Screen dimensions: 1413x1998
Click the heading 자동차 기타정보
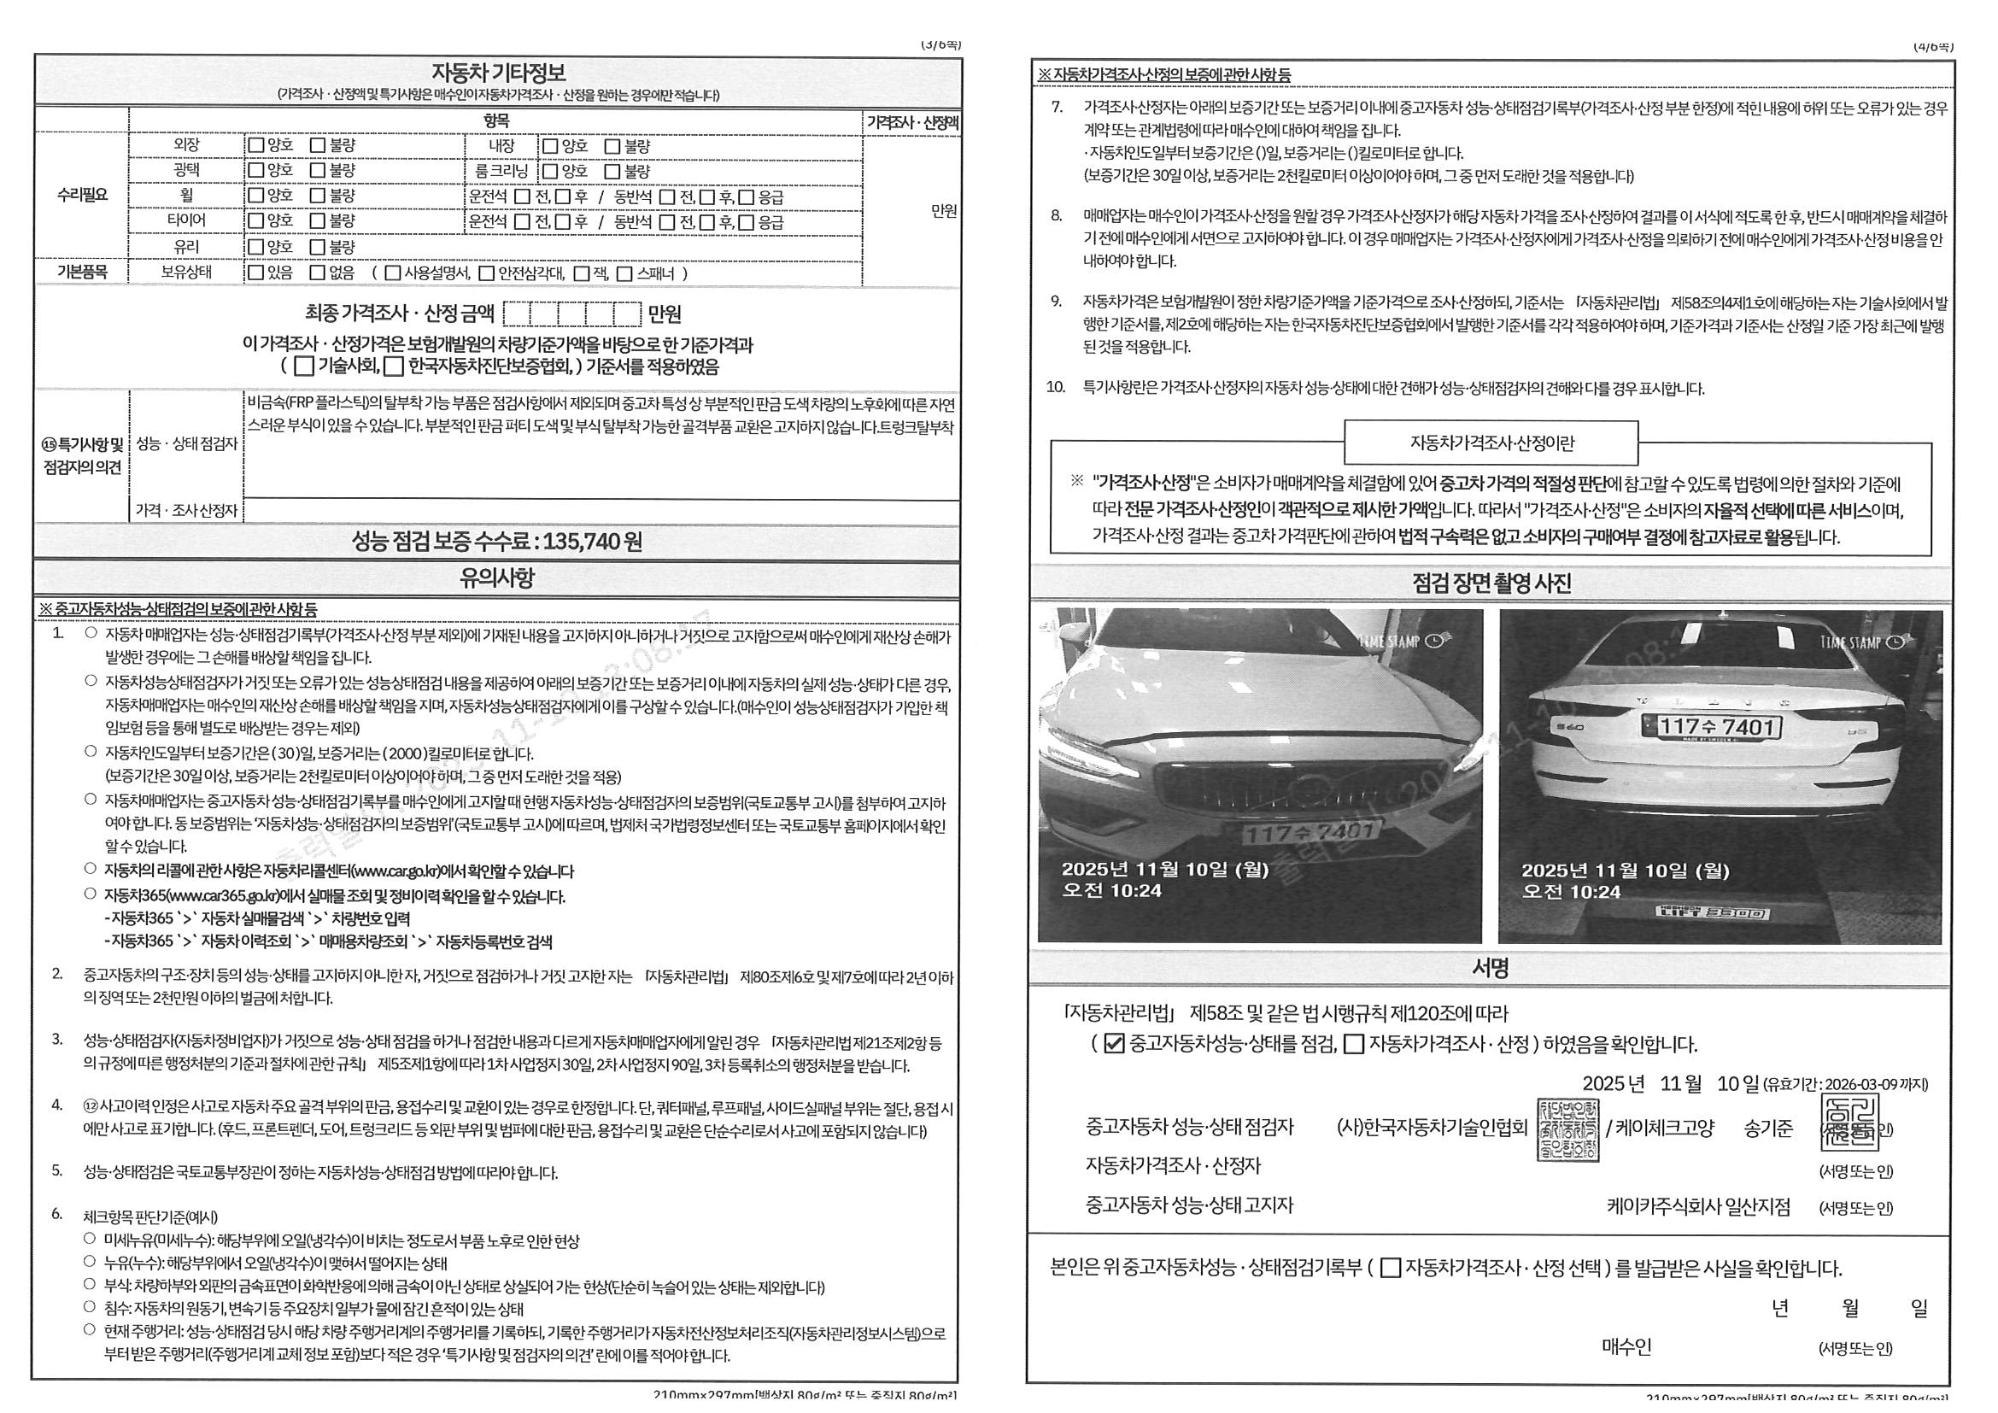(498, 73)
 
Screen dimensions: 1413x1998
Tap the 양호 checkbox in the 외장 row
(256, 145)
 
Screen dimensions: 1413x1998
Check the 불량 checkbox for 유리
(319, 247)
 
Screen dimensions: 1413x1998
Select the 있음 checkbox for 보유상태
(256, 273)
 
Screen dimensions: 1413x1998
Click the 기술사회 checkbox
(305, 366)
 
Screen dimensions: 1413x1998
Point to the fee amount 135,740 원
(592, 542)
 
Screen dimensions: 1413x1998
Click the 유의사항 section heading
(497, 578)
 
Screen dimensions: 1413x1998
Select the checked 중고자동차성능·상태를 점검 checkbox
(1114, 1044)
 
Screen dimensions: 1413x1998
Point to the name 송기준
(1768, 1129)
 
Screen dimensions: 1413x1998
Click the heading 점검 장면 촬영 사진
(1491, 583)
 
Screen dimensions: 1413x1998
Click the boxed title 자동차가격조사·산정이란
(1491, 443)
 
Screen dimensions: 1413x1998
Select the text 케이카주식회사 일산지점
(1698, 1207)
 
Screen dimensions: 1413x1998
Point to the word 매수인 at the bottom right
(1626, 1347)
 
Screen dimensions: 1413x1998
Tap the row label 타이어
(186, 221)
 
